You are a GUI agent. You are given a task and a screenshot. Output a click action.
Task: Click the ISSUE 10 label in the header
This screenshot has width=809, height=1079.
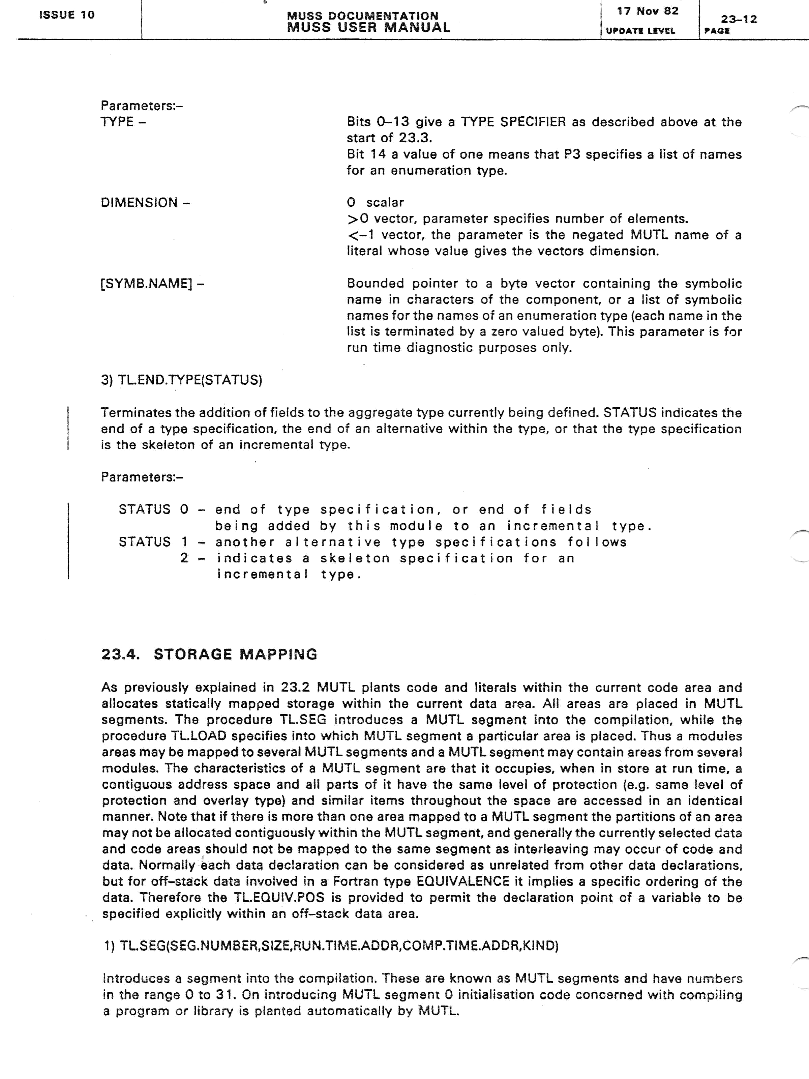click(x=67, y=14)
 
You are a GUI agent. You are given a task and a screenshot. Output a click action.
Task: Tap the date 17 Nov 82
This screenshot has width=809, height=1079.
click(x=647, y=11)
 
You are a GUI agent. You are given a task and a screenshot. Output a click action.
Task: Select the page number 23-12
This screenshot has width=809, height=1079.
click(x=739, y=19)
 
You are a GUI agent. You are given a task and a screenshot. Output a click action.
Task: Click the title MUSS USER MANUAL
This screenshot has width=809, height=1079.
click(x=369, y=27)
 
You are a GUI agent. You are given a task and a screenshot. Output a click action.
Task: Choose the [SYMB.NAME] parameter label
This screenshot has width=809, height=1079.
click(x=152, y=284)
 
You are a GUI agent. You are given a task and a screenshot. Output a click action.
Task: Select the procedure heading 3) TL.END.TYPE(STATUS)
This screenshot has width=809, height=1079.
click(x=181, y=380)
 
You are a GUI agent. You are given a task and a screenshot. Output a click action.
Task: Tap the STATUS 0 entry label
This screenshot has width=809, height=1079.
click(x=153, y=510)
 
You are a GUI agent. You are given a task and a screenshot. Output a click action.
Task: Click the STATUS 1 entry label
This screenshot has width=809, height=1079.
click(x=153, y=542)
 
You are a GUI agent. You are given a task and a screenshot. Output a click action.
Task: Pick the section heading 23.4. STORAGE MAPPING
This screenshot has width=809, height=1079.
click(x=209, y=654)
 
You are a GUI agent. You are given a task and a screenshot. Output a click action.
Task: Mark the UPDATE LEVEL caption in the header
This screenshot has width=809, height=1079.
click(x=640, y=31)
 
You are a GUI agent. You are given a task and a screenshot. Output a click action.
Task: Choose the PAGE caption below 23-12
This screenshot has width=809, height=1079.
click(x=717, y=31)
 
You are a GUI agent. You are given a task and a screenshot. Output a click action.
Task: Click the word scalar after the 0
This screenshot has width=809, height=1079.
click(x=385, y=202)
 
